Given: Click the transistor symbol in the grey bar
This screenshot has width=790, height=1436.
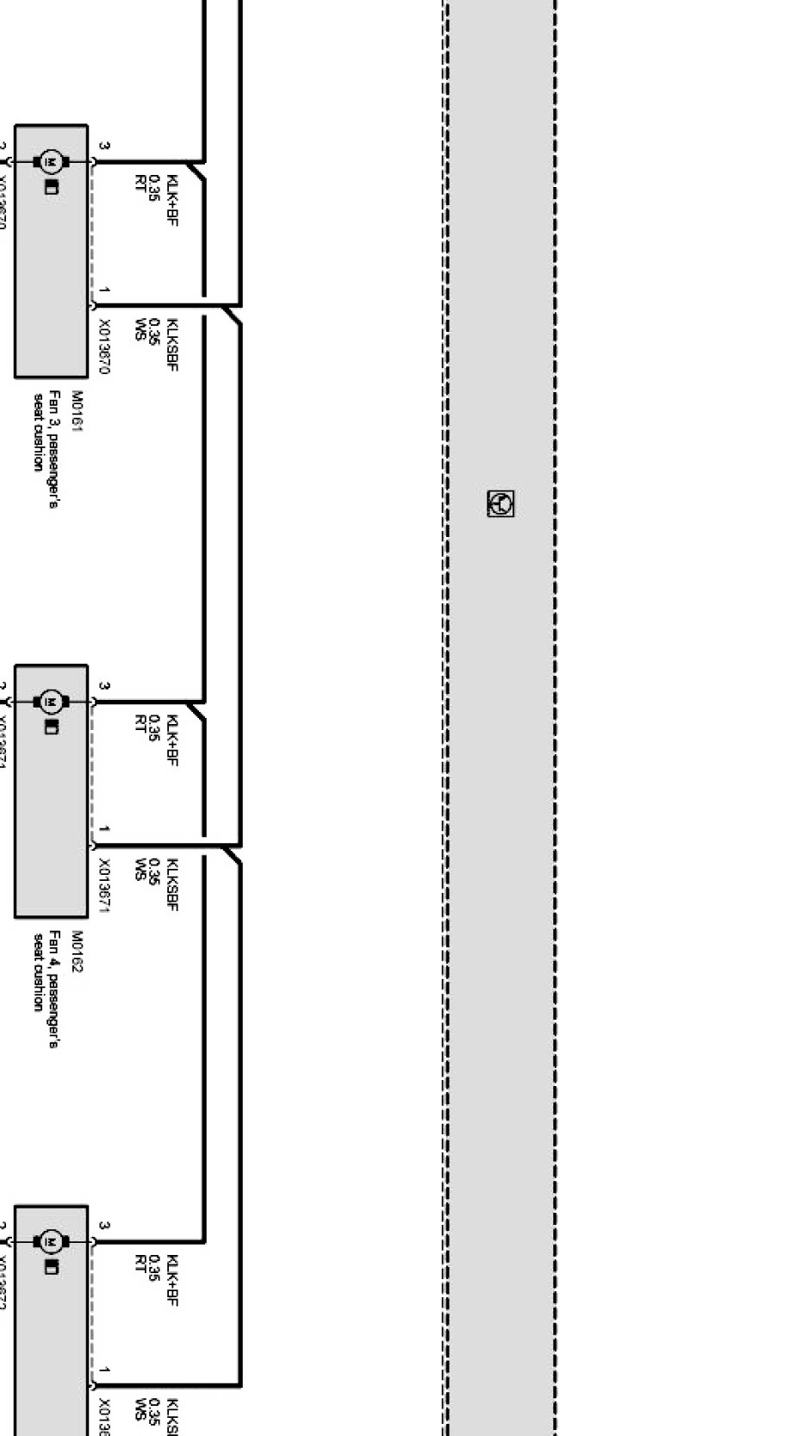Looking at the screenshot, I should click(x=501, y=503).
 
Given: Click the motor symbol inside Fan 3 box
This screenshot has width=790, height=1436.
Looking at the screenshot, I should click(x=50, y=161).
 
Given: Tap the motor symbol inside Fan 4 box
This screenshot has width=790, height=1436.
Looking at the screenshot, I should click(x=50, y=702).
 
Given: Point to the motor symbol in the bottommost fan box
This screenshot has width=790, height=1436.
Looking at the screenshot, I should click(x=50, y=1242).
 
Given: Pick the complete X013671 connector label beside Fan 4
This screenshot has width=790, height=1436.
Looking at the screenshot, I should click(x=104, y=884).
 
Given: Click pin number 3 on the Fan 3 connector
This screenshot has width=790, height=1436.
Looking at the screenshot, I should click(x=104, y=146).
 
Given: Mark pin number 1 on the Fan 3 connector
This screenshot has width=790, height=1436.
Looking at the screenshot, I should click(x=104, y=290).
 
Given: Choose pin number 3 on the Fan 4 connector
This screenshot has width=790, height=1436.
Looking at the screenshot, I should click(x=104, y=686).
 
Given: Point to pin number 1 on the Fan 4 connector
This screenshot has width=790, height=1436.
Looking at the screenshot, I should click(x=104, y=830).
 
